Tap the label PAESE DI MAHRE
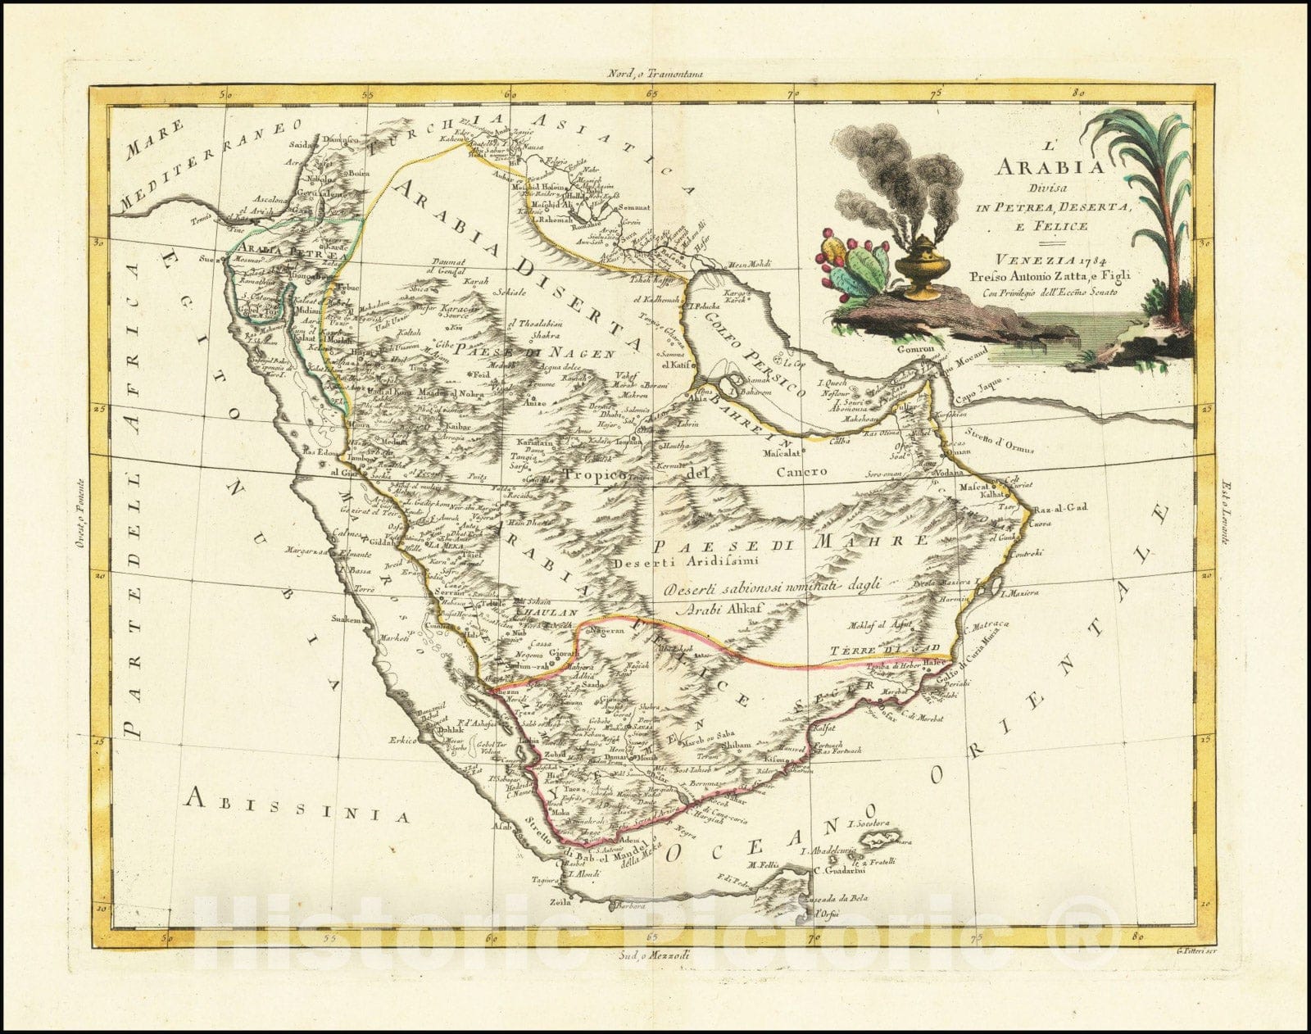[x=789, y=542]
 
